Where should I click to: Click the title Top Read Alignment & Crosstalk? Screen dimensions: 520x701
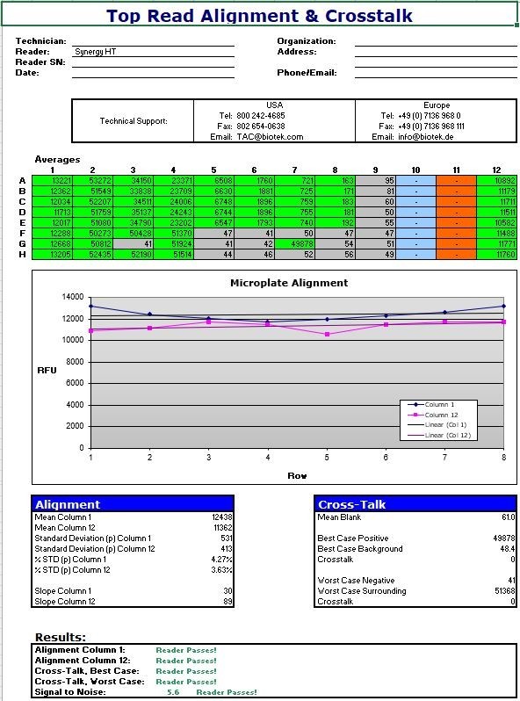click(x=259, y=15)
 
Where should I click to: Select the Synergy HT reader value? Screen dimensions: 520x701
click(x=95, y=52)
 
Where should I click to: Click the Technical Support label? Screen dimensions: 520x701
click(x=134, y=121)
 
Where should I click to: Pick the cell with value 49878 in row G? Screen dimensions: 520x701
click(x=296, y=244)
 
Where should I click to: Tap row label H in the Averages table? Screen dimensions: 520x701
click(x=22, y=255)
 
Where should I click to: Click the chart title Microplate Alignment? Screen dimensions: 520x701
click(x=289, y=283)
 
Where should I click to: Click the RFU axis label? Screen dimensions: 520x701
click(x=47, y=370)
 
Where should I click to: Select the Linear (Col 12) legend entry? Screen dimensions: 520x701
click(x=446, y=435)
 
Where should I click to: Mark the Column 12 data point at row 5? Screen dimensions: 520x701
click(x=327, y=335)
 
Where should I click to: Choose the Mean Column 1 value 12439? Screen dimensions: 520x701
click(x=222, y=517)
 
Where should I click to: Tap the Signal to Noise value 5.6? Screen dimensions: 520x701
click(x=173, y=692)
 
